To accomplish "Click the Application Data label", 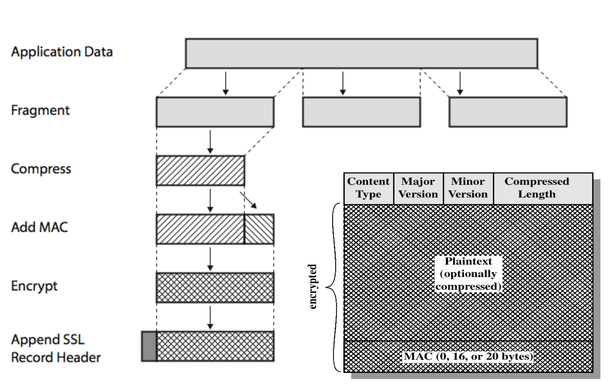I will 62,52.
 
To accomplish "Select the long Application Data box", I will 361,53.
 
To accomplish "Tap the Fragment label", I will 40,111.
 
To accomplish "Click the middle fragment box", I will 361,112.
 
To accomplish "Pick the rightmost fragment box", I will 508,112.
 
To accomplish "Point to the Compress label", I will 41,169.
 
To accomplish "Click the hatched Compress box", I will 200,171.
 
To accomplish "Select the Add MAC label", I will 40,227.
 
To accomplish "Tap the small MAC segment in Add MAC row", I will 259,229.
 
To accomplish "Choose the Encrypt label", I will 34,286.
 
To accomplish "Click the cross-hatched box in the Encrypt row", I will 215,287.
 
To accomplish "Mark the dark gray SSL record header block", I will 149,346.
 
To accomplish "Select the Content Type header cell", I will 368,188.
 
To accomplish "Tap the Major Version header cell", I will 418,188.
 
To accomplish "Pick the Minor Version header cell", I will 468,188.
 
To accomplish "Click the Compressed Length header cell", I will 537,188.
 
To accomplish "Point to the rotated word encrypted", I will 313,287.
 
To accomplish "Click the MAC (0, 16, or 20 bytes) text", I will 469,357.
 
